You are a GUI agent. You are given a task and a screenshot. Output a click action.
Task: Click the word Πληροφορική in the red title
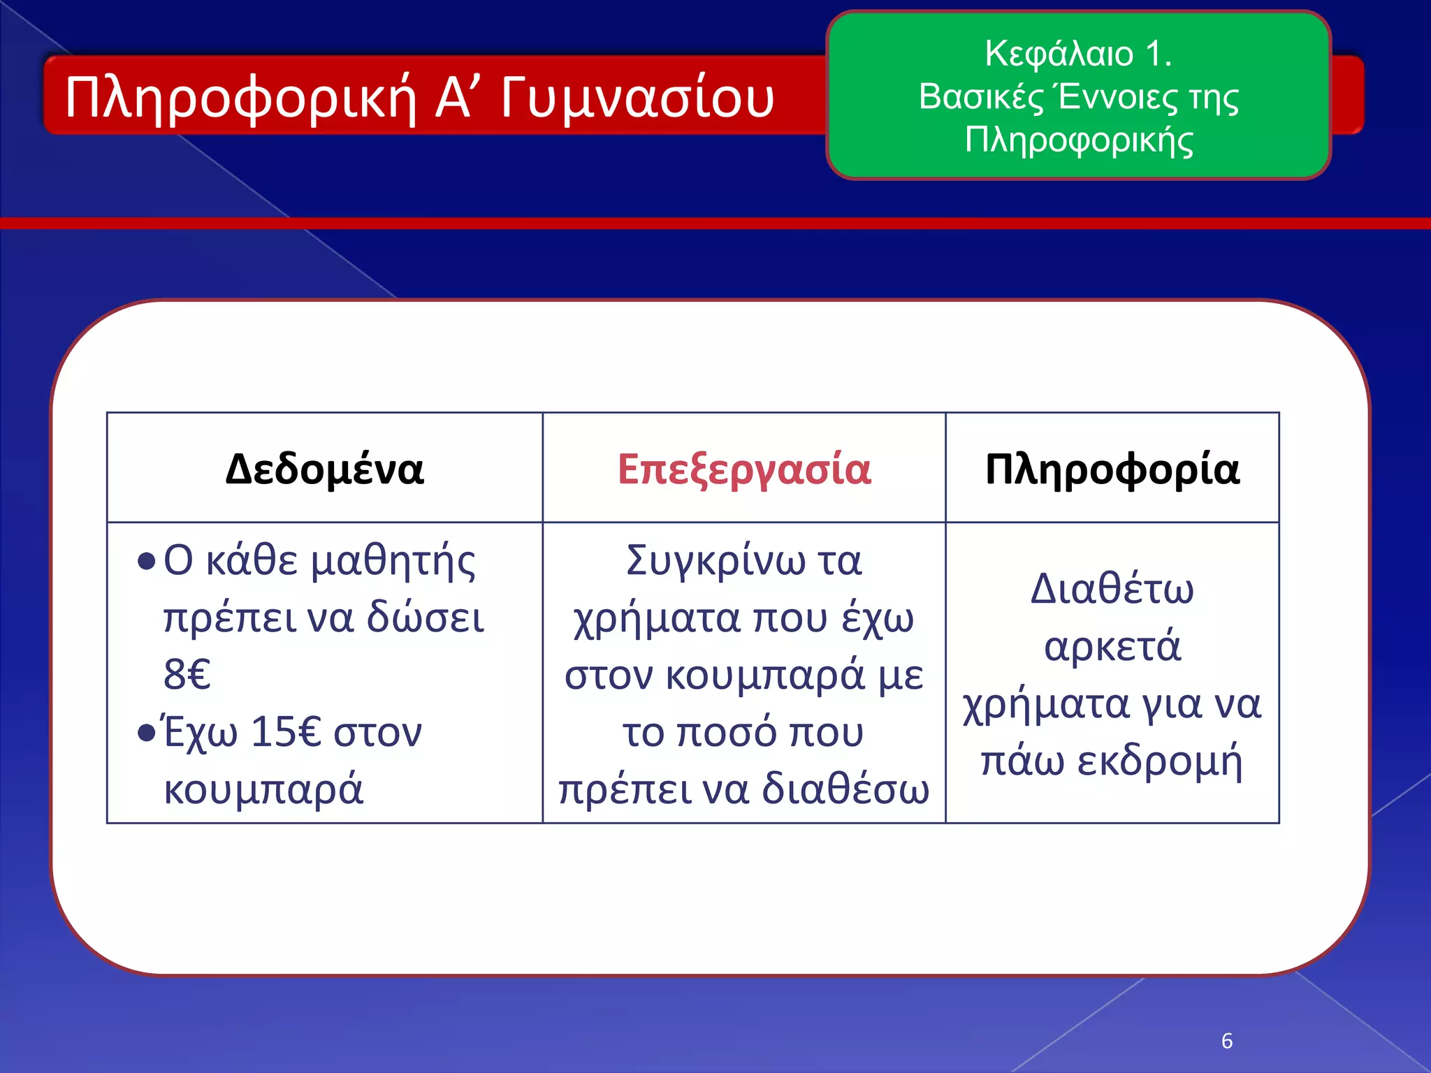[240, 98]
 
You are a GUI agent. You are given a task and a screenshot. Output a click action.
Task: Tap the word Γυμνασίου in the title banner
[637, 98]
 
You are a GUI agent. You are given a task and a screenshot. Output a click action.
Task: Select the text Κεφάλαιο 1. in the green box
[1077, 53]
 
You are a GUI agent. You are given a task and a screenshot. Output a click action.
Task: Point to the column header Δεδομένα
[324, 469]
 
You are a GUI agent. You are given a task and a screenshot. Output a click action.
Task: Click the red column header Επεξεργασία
[744, 469]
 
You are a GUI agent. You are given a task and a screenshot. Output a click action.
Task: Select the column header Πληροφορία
[1112, 469]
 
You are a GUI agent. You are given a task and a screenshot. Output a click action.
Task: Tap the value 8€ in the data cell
[187, 674]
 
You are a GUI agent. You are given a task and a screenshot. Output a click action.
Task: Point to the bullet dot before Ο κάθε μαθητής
[146, 562]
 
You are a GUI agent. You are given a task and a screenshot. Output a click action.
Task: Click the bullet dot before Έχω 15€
[146, 733]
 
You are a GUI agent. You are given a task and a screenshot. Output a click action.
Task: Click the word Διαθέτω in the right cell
[1112, 588]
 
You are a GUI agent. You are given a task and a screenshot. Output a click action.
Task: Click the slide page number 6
[1227, 1041]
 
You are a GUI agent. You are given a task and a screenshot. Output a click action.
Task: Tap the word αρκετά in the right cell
[1112, 646]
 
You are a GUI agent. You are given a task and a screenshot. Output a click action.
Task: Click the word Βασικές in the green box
[980, 96]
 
